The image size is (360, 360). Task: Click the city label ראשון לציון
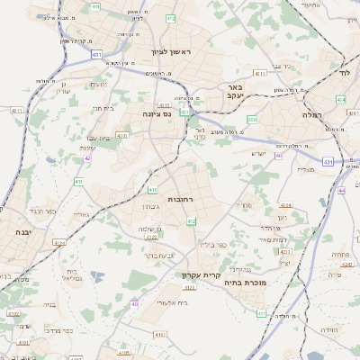172,52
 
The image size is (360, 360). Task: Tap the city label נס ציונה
157,114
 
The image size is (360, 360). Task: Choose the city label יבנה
22,231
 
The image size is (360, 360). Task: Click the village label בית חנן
102,107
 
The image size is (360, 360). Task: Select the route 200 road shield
252,119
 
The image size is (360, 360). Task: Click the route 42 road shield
87,157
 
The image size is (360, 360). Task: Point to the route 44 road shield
341,191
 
